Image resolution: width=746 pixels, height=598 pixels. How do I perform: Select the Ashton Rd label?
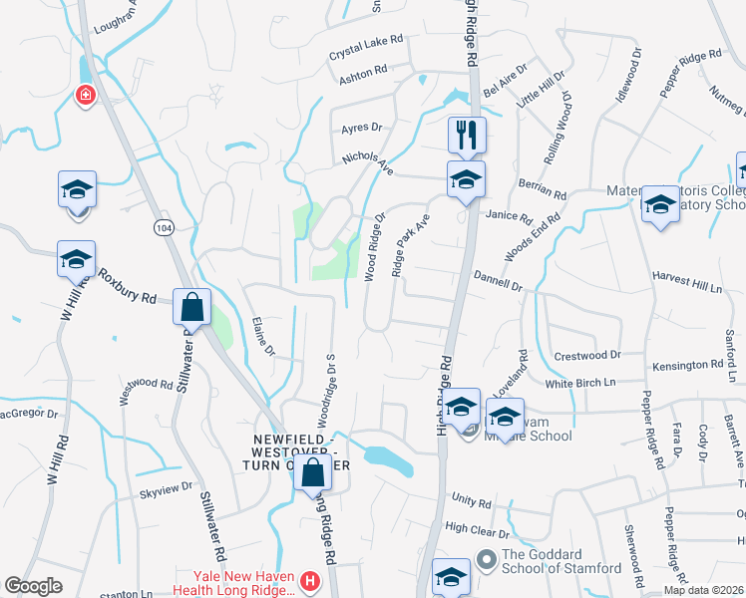pos(362,72)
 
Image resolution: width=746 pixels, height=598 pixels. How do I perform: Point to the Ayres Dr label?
pos(361,128)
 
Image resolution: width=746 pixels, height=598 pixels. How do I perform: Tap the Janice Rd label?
pos(511,215)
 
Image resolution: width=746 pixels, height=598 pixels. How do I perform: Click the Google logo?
pos(33,586)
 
